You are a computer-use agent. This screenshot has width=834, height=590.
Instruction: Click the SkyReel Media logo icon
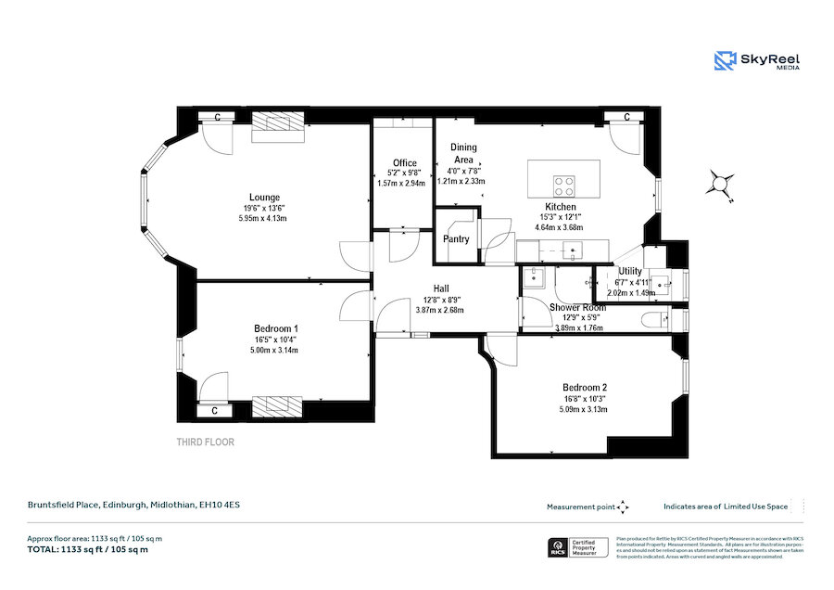pos(725,61)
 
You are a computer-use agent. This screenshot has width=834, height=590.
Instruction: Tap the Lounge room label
pos(264,197)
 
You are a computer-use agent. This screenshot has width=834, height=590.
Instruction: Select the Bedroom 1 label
pos(276,328)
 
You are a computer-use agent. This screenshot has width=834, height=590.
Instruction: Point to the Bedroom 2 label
pos(585,387)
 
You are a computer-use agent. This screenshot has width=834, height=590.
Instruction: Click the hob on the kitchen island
pos(563,183)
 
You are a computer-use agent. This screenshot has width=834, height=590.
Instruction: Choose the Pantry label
pos(457,239)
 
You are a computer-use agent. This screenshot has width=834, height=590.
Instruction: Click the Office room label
pos(404,163)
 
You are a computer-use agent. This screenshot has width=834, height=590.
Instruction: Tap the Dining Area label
pos(463,153)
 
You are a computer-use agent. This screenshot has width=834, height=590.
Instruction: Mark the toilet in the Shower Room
pos(655,319)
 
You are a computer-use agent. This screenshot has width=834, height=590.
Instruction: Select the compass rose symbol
pos(719,183)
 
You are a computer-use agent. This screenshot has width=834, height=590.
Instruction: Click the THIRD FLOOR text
pos(206,442)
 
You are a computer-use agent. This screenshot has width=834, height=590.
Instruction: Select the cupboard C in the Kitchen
pos(626,117)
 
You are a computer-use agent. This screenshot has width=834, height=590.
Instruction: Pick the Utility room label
pos(630,272)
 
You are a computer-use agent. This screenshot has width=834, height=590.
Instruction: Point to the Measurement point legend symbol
pos(624,507)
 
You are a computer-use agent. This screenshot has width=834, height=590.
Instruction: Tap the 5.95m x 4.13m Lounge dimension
pos(263,219)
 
